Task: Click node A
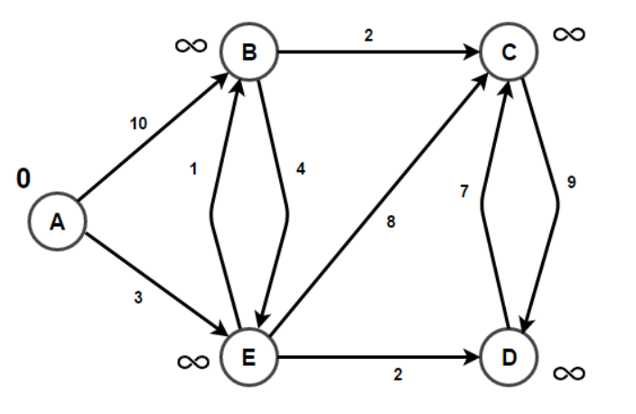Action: tap(57, 221)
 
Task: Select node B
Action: tap(249, 53)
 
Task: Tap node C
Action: tap(510, 53)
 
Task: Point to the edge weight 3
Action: tap(138, 295)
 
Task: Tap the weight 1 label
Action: tap(193, 168)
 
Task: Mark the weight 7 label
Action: tap(463, 193)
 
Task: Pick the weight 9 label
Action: tap(570, 182)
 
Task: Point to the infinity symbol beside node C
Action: tap(569, 34)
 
